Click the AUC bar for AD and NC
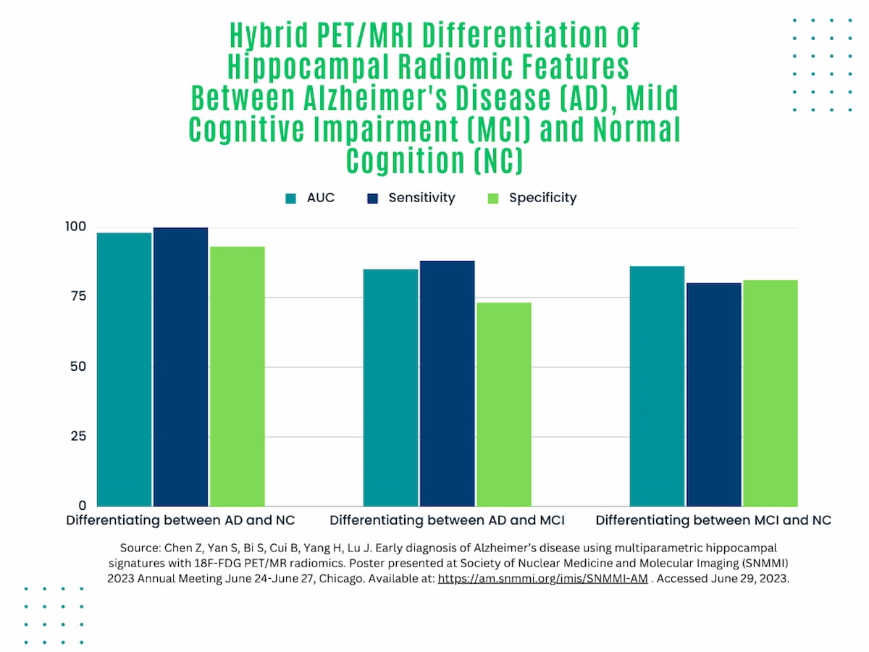tap(125, 369)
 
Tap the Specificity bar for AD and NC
tap(237, 377)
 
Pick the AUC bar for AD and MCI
tap(390, 388)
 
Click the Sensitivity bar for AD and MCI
tap(447, 383)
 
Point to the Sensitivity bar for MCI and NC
tap(713, 394)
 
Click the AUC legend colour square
tap(291, 198)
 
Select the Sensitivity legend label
tap(421, 198)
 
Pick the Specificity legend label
tap(542, 198)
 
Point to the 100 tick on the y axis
tap(75, 227)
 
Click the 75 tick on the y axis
tap(77, 296)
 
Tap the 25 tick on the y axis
tap(77, 436)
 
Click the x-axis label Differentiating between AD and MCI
tap(447, 520)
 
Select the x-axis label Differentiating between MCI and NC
tap(713, 520)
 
